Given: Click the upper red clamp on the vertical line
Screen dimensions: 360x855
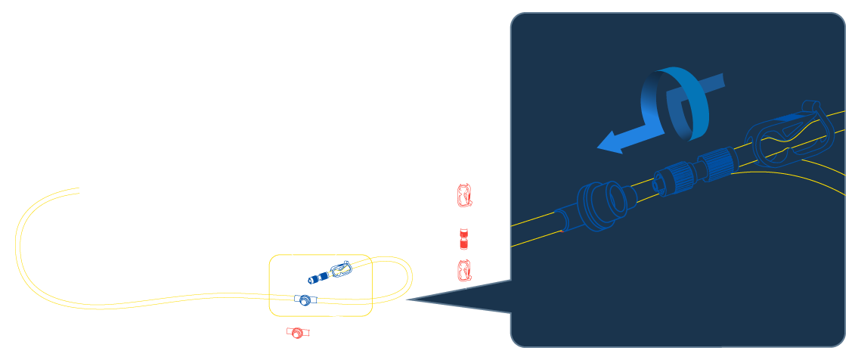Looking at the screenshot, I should pos(463,196).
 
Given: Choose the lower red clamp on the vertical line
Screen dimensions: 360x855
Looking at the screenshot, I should pos(463,270).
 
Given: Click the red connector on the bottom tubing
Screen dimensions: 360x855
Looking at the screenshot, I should pos(297,333).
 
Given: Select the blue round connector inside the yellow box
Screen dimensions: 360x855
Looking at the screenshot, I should pos(304,300).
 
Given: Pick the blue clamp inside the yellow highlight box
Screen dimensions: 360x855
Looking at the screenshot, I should pos(340,269).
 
